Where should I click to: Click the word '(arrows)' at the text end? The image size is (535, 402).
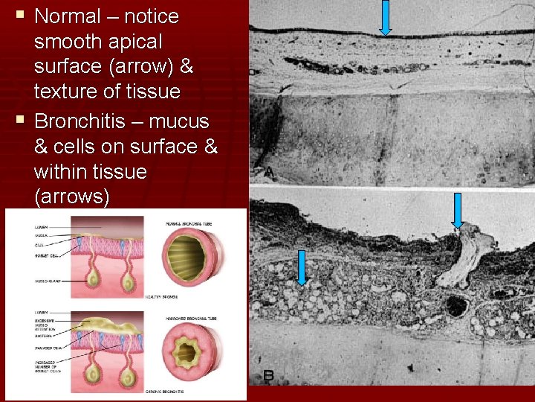72,197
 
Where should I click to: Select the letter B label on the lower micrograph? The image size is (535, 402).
267,377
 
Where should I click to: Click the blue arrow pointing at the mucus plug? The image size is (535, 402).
457,210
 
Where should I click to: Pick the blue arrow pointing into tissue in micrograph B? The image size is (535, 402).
302,267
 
